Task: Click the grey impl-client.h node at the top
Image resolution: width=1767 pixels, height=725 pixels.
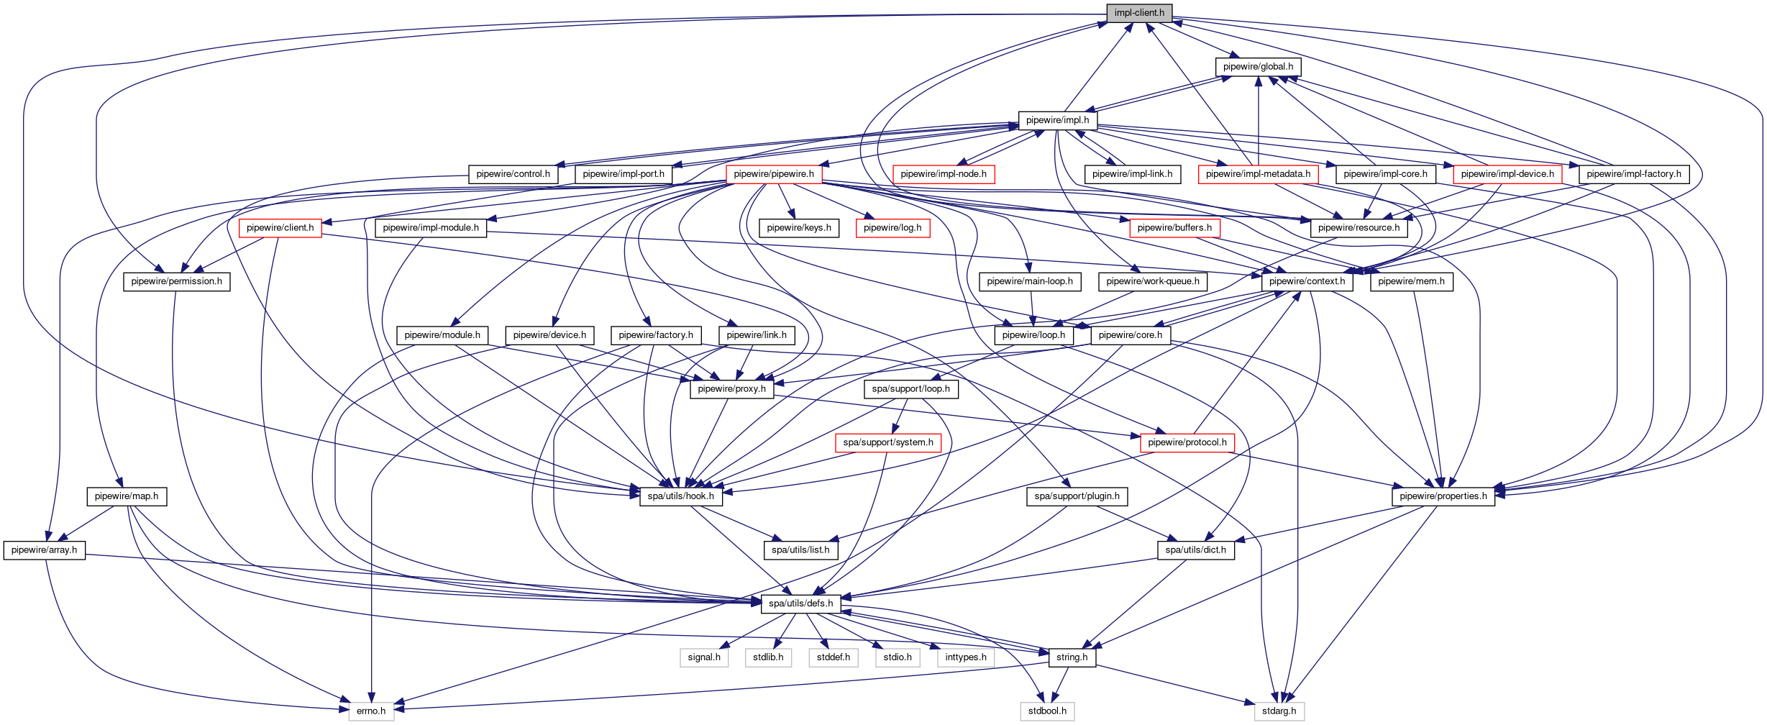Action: [x=1139, y=13]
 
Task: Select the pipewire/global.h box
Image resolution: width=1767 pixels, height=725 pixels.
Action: [x=1258, y=67]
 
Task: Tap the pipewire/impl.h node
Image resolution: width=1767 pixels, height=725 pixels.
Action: [x=1057, y=120]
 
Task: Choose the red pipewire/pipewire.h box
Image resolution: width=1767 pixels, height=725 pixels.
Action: [x=774, y=174]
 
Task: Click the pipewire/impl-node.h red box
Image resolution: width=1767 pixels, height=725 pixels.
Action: [x=944, y=174]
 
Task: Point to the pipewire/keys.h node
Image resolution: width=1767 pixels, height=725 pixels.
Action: [x=799, y=228]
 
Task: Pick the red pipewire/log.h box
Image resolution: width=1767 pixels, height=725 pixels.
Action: [x=892, y=228]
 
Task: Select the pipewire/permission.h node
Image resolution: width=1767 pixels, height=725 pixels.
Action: [x=177, y=281]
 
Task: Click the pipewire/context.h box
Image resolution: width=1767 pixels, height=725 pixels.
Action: [x=1307, y=281]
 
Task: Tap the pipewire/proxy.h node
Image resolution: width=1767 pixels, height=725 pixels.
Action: [x=731, y=389]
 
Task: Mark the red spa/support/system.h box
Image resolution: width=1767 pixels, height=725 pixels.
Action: [x=888, y=442]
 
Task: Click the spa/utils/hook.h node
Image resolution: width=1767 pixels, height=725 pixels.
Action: [x=681, y=496]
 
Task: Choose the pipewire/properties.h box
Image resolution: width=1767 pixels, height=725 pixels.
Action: [x=1443, y=496]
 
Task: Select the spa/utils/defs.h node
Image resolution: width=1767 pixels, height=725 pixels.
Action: [x=800, y=603]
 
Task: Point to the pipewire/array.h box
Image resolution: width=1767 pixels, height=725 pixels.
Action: [x=45, y=550]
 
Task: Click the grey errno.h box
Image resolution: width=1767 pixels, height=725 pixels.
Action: [x=371, y=711]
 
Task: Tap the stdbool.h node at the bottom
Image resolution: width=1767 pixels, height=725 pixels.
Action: [x=1047, y=711]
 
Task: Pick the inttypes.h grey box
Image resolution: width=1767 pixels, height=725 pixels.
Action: [x=966, y=657]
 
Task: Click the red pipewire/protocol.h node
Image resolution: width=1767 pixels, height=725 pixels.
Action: [x=1187, y=442]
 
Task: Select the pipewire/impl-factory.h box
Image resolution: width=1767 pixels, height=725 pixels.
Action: [x=1634, y=174]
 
